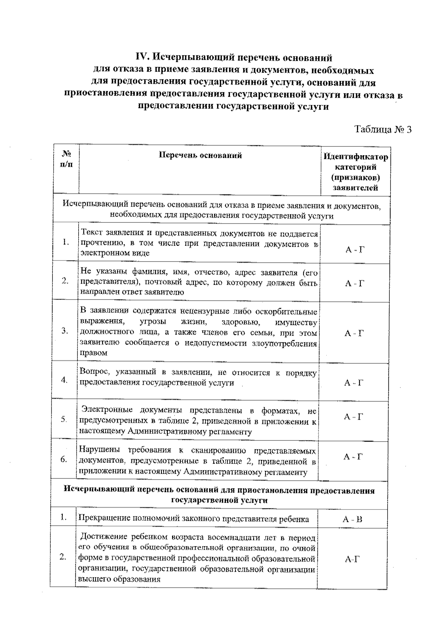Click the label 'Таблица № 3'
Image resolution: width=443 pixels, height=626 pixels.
click(x=382, y=129)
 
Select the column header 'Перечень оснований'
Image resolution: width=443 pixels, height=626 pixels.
click(x=200, y=155)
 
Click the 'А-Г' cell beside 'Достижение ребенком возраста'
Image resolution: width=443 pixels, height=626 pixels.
click(x=352, y=560)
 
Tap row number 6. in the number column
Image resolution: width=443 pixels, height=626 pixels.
click(x=64, y=459)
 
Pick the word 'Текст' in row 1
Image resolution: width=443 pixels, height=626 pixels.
click(x=92, y=233)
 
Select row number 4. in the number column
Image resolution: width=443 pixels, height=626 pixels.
click(x=64, y=380)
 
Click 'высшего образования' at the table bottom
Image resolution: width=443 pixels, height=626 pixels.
click(x=119, y=580)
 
